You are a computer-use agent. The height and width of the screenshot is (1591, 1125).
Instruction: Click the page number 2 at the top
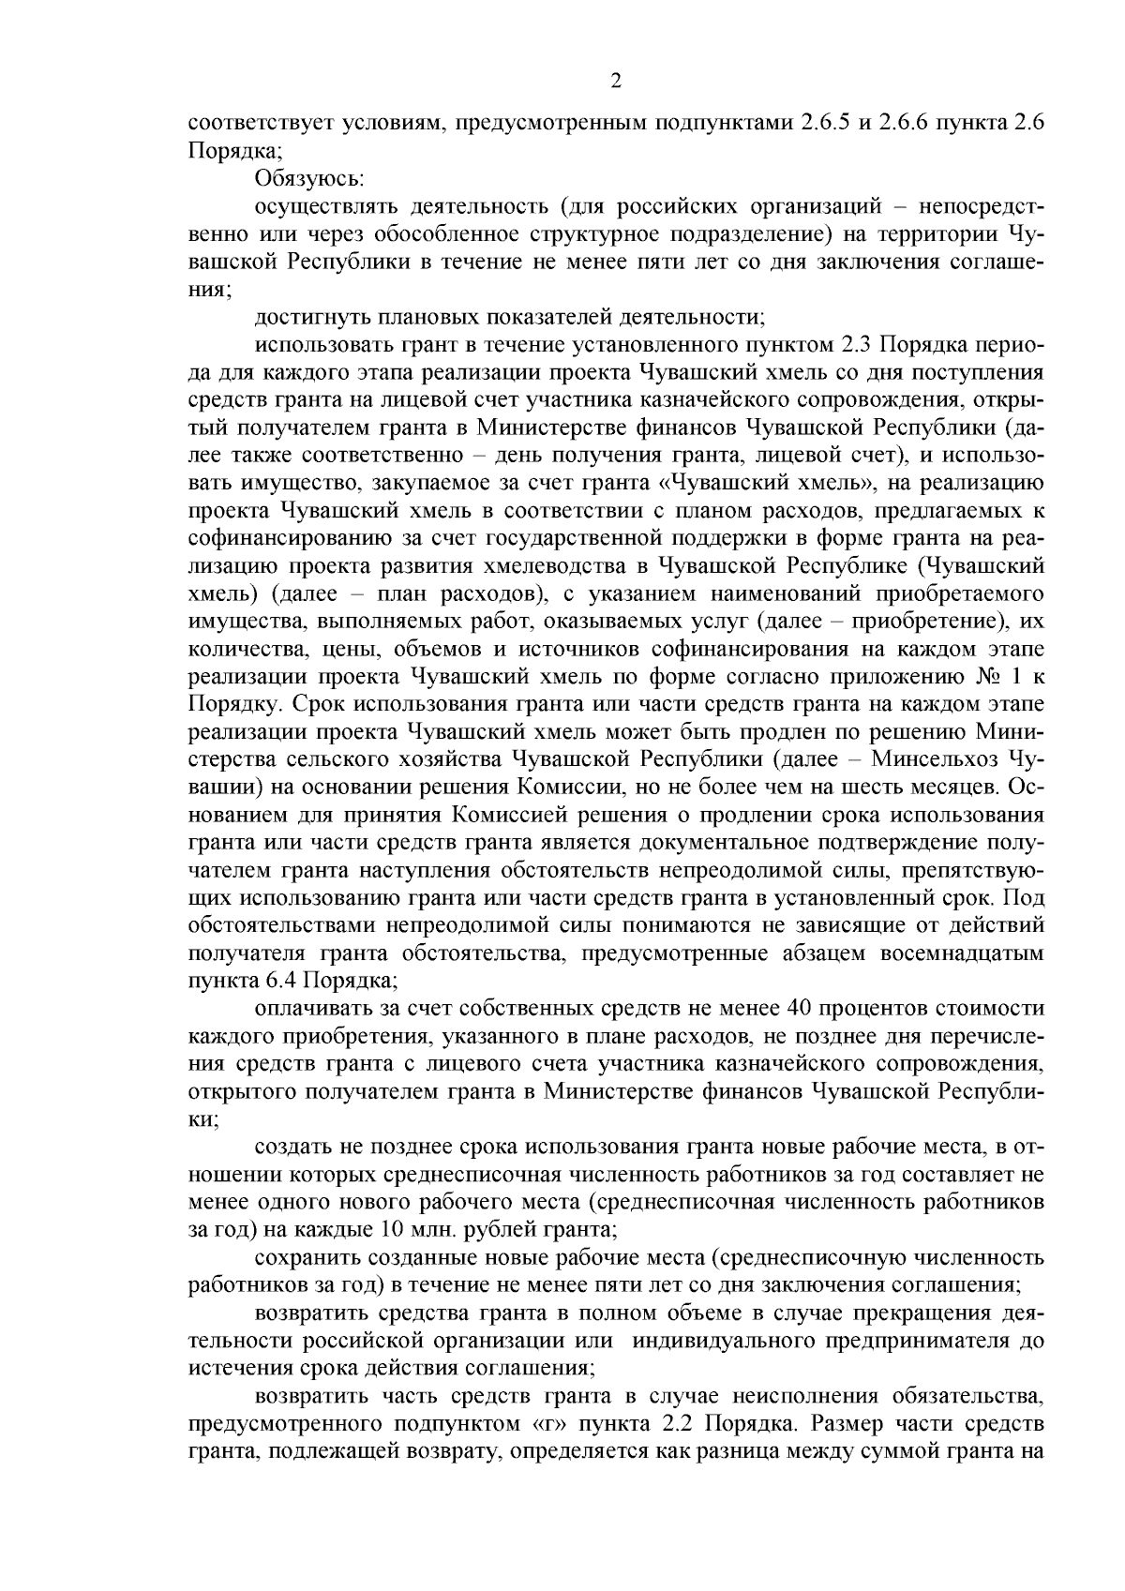(615, 82)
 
